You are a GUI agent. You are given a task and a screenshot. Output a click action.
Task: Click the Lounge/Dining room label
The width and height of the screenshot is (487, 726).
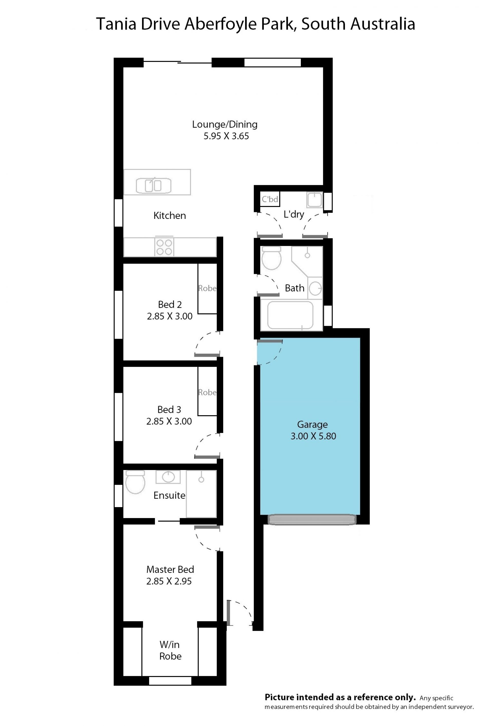[x=224, y=124]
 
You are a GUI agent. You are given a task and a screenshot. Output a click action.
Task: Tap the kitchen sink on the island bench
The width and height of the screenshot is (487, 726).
[x=153, y=185]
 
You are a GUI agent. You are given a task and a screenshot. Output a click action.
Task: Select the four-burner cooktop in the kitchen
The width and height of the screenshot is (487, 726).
[x=164, y=247]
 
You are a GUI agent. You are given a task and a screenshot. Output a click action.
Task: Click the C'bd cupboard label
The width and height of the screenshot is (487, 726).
[x=270, y=199]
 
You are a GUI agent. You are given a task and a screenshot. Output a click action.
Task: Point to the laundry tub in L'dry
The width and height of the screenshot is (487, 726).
[x=315, y=199]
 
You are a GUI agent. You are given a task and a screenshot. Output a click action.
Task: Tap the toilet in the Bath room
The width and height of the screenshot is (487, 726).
[x=271, y=258]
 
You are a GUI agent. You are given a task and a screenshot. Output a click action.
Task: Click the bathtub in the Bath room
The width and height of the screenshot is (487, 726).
[x=290, y=315]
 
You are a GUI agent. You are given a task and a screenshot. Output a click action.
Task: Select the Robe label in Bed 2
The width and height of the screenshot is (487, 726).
[x=207, y=288]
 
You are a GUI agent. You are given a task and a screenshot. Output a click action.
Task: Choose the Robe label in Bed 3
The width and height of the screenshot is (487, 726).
[x=207, y=392]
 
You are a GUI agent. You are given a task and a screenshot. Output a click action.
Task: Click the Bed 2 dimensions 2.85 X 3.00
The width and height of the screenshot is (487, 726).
[x=170, y=316]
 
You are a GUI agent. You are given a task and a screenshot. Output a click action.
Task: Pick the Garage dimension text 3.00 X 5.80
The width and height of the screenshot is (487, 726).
[x=313, y=436]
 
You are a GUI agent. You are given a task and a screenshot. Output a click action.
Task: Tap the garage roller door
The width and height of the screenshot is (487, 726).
[x=312, y=520]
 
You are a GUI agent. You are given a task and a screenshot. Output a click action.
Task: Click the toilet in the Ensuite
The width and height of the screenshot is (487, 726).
[x=135, y=482]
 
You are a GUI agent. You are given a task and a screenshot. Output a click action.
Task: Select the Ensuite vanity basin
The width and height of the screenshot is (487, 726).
[x=168, y=477]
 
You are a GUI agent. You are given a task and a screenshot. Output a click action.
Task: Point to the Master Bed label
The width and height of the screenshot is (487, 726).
[x=170, y=569]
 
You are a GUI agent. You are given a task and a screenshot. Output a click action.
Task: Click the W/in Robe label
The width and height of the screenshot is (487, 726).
[x=170, y=650]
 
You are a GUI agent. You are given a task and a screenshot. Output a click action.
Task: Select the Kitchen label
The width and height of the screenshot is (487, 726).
[x=170, y=216]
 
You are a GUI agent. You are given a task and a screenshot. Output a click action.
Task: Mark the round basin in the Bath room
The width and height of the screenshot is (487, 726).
[x=316, y=288]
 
